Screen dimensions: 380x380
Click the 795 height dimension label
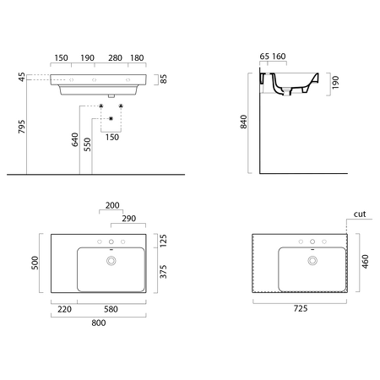[x=22, y=127]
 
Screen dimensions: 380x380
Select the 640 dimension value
[x=75, y=139]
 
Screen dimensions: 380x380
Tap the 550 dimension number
[x=88, y=144]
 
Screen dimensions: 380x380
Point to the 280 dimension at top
[x=115, y=58]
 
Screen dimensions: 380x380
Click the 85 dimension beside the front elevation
[x=163, y=79]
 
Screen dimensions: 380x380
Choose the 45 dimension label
[x=22, y=77]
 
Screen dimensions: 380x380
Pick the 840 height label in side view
[x=243, y=122]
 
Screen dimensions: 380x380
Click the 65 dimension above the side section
[x=264, y=57]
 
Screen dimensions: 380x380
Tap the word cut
[x=360, y=214]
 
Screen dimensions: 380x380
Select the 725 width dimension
[x=301, y=308]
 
